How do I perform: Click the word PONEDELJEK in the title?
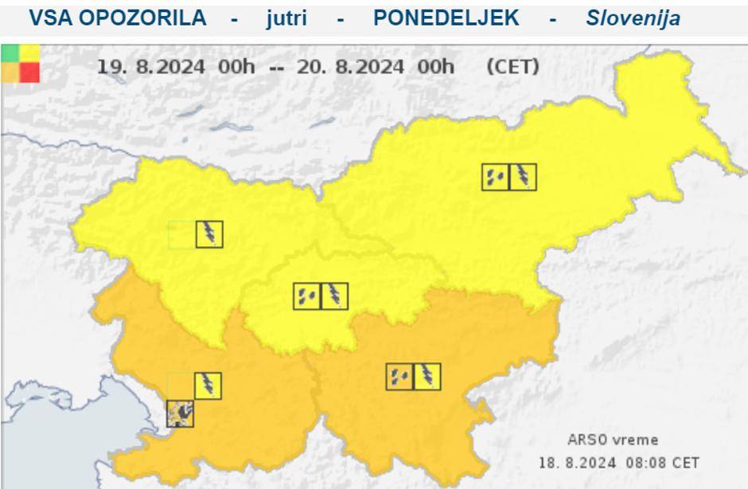coord(446,18)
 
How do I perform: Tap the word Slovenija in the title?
coord(633,18)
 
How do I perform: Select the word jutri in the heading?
coord(286,18)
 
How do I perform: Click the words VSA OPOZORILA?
coord(117,18)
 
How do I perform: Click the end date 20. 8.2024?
coord(350,67)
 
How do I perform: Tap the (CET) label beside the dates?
coord(512,67)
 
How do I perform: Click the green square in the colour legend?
coord(10,53)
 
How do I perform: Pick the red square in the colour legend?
coord(29,72)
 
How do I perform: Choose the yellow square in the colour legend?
coord(29,53)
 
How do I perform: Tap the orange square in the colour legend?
coord(10,72)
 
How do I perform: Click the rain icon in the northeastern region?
coord(495,177)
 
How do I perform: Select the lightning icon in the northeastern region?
coord(523,177)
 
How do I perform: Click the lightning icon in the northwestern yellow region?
coord(209,234)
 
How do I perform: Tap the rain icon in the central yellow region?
coord(306,296)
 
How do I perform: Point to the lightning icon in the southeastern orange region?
coord(427,377)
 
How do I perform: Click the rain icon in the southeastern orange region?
coord(399,377)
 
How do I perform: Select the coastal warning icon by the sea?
coord(181,413)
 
